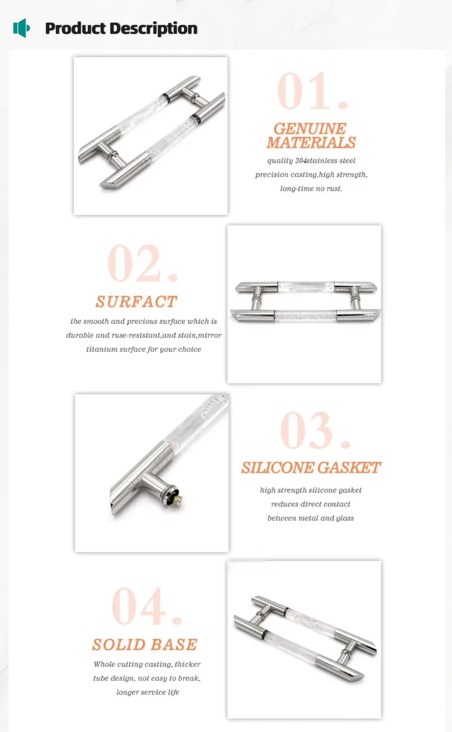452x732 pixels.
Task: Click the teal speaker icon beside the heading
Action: pyautogui.click(x=21, y=28)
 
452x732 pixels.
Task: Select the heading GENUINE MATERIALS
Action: pyautogui.click(x=311, y=136)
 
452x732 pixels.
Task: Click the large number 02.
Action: pyautogui.click(x=143, y=263)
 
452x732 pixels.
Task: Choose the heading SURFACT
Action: pyautogui.click(x=137, y=302)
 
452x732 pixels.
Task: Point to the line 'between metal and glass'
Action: pyautogui.click(x=310, y=518)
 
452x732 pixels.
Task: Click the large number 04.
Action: pyautogui.click(x=147, y=606)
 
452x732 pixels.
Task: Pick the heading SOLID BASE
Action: pyautogui.click(x=145, y=645)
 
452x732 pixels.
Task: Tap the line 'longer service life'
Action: pyautogui.click(x=148, y=692)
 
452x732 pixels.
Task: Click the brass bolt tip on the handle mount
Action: pyautogui.click(x=179, y=500)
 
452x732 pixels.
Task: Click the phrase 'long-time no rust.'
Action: pyautogui.click(x=311, y=189)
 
